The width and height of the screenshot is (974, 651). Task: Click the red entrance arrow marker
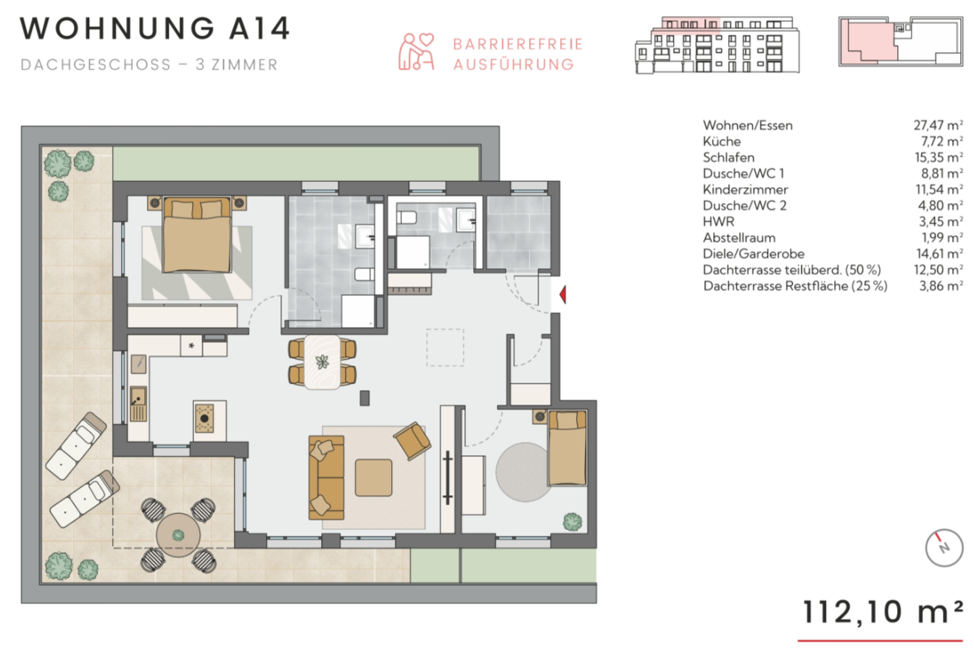click(x=562, y=294)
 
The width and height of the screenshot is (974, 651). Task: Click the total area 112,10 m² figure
click(x=882, y=612)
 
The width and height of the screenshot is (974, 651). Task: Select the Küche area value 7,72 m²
click(x=941, y=141)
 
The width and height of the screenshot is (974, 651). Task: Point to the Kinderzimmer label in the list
click(x=745, y=190)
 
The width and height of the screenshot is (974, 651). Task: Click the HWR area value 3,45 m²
click(x=941, y=222)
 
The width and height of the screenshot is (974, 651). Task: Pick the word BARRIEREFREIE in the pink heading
click(x=517, y=44)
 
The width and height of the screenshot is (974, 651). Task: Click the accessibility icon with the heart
click(x=417, y=51)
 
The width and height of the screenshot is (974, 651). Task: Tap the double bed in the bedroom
click(x=196, y=235)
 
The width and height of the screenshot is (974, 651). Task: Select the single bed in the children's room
click(x=567, y=448)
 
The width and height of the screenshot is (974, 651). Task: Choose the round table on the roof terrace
click(x=178, y=535)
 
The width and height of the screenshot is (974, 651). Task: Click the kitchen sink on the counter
click(x=138, y=405)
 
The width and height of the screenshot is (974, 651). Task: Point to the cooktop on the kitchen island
click(x=204, y=418)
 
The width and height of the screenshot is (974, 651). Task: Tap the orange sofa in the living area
click(x=326, y=478)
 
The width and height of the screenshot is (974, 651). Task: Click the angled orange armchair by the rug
click(x=412, y=441)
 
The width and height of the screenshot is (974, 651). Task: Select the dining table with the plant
click(x=322, y=362)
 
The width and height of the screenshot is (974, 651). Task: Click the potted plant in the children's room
click(x=573, y=521)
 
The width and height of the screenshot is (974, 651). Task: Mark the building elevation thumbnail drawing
click(x=717, y=45)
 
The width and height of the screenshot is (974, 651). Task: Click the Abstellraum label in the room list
click(x=739, y=238)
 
